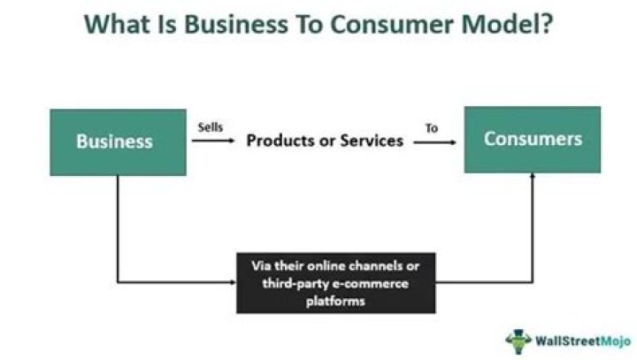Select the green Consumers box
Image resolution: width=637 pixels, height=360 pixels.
point(533,140)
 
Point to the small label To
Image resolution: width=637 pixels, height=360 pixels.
point(432,127)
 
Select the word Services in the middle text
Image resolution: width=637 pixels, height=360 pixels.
point(372,141)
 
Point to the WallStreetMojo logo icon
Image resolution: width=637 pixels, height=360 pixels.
point(518,340)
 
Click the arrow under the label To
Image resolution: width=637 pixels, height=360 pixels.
point(434,142)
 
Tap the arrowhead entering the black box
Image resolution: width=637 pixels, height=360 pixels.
point(231,283)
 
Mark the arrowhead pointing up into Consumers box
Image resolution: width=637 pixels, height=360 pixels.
point(533,177)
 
